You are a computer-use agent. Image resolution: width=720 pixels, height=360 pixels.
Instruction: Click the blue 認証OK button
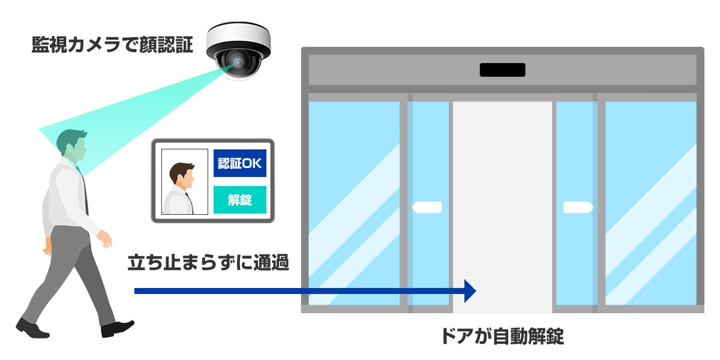240,163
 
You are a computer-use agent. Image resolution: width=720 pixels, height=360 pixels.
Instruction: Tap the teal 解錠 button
240,200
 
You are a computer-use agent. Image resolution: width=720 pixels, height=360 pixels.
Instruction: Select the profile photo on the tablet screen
185,182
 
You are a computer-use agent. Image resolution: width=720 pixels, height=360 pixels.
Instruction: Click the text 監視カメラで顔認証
112,46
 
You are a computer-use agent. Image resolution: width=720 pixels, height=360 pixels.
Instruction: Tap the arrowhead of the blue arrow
470,291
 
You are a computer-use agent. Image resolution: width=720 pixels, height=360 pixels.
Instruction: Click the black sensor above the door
502,70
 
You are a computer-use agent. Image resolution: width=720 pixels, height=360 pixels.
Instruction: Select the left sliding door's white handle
427,208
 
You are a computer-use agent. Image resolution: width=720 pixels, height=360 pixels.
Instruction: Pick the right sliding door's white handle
578,208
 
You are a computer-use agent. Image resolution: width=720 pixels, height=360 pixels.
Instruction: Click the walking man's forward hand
107,242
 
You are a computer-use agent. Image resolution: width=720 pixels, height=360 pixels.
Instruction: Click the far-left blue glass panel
353,204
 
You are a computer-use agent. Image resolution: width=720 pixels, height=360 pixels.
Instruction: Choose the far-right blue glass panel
650,204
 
